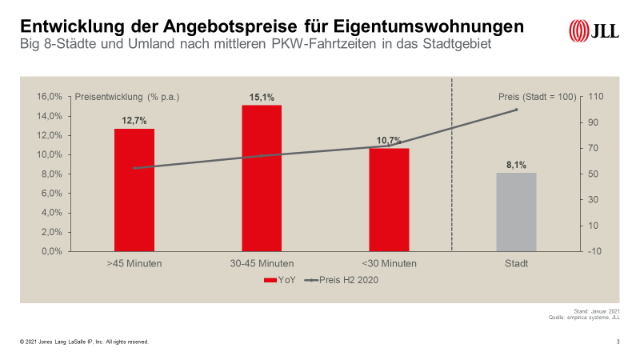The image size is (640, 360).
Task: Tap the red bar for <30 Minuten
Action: pyautogui.click(x=389, y=199)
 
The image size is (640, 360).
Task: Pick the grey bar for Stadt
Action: pyautogui.click(x=516, y=212)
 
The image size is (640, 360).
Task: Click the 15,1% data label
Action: pyautogui.click(x=262, y=98)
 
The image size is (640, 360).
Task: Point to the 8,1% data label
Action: pyautogui.click(x=516, y=166)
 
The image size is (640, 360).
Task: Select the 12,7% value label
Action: pyautogui.click(x=134, y=121)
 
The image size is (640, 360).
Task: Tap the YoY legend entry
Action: pyautogui.click(x=277, y=280)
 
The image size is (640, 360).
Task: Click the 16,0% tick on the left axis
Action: pyautogui.click(x=50, y=97)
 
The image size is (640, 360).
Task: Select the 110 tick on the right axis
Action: pyautogui.click(x=595, y=97)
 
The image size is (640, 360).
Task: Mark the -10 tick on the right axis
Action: pyautogui.click(x=595, y=251)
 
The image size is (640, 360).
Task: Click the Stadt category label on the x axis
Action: pyautogui.click(x=516, y=263)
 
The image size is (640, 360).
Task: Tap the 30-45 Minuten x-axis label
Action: pyautogui.click(x=262, y=263)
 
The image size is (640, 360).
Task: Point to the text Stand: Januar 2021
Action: pyautogui.click(x=598, y=310)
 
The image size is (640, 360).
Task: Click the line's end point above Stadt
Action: pyautogui.click(x=516, y=110)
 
